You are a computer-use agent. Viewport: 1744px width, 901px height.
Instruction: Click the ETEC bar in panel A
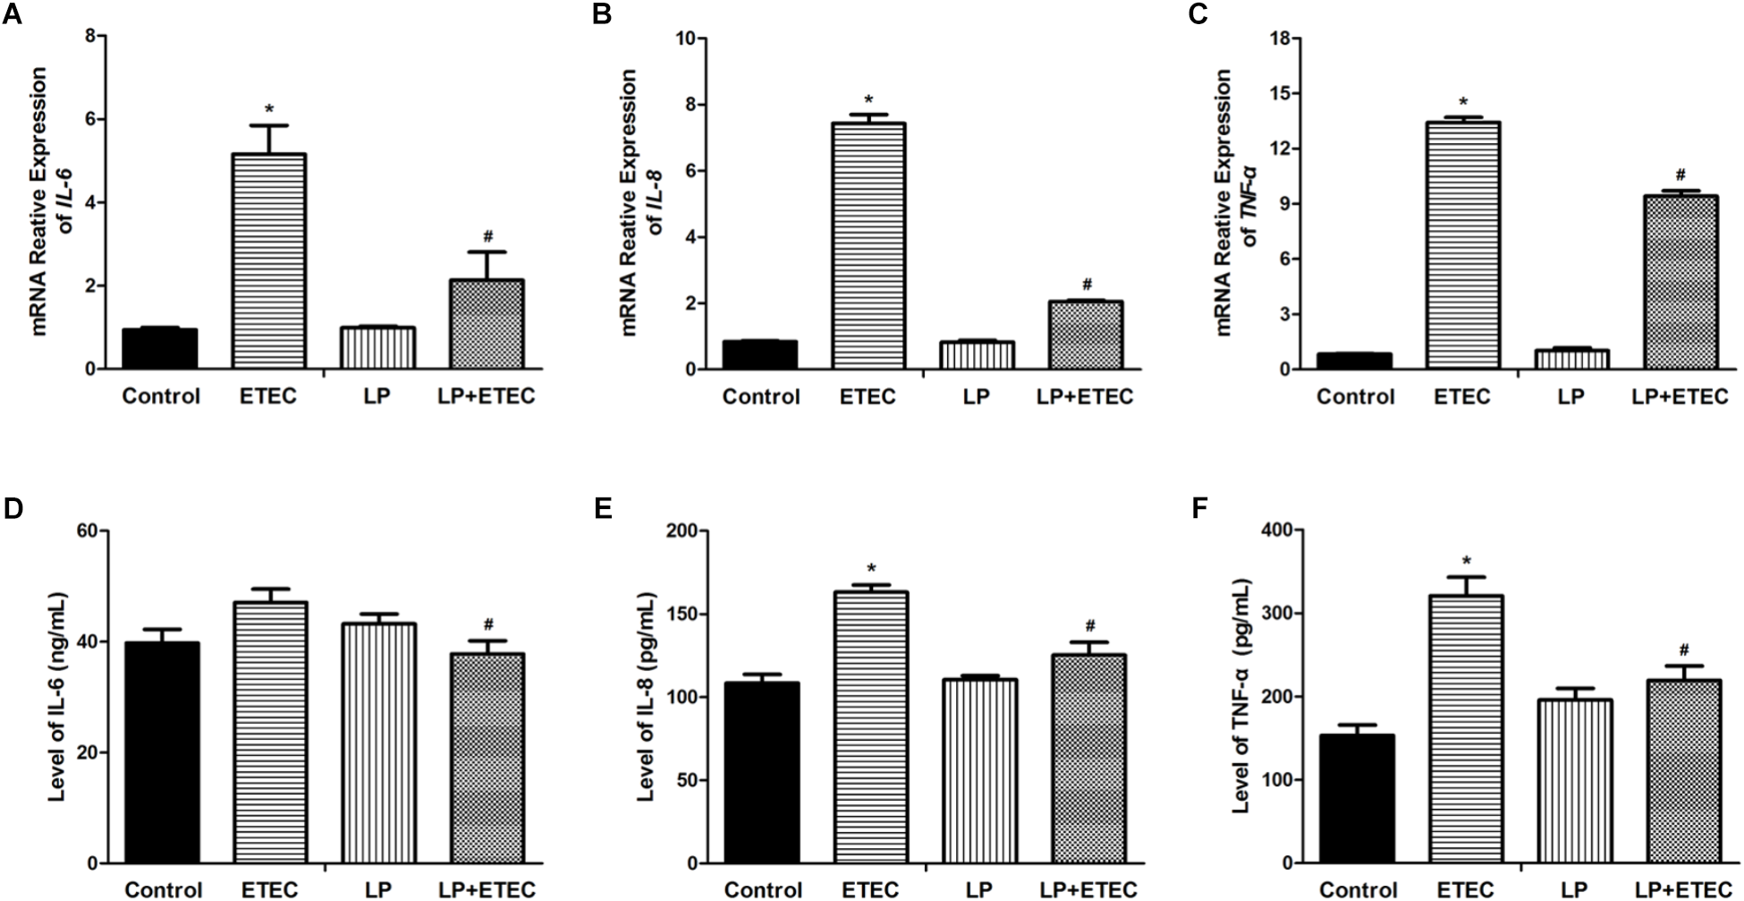tap(268, 261)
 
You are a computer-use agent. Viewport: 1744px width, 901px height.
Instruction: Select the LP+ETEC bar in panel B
tap(1085, 336)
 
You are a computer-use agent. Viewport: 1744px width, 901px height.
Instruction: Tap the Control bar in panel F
tap(1357, 799)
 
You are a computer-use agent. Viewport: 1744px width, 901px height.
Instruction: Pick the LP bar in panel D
tap(378, 744)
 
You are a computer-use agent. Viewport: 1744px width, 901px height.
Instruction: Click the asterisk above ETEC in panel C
tap(1462, 103)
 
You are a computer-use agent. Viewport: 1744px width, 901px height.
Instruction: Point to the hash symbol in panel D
tap(488, 625)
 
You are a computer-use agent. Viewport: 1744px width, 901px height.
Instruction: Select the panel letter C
tap(1199, 16)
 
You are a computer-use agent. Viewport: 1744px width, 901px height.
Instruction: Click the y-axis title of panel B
tap(641, 203)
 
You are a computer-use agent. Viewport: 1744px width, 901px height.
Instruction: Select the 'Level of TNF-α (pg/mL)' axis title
tap(1241, 696)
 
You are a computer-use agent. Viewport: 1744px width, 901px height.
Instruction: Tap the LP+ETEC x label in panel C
tap(1680, 396)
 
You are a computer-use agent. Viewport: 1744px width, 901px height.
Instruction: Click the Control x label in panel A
tap(161, 396)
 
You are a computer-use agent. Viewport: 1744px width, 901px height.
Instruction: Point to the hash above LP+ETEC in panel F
tap(1683, 650)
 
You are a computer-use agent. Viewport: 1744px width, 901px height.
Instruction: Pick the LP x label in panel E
tap(979, 889)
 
